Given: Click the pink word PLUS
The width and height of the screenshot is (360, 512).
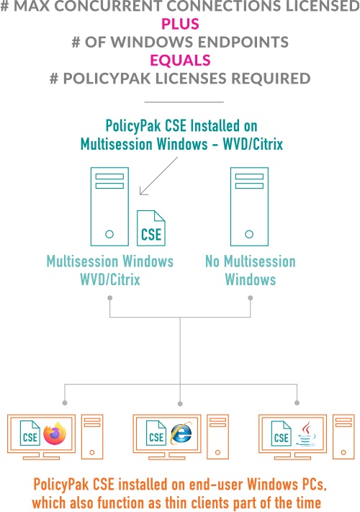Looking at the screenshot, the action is pyautogui.click(x=180, y=24).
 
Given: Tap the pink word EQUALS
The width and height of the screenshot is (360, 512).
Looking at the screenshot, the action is pyautogui.click(x=180, y=60).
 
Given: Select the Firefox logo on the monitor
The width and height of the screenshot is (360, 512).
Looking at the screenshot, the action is pyautogui.click(x=55, y=434).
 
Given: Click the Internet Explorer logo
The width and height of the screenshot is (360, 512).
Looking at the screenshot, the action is pyautogui.click(x=181, y=434).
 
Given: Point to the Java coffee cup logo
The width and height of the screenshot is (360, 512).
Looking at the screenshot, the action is pyautogui.click(x=306, y=434).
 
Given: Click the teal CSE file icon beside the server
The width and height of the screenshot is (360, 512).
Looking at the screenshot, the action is pyautogui.click(x=151, y=228).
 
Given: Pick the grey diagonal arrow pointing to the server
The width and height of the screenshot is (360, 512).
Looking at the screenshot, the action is pyautogui.click(x=158, y=176).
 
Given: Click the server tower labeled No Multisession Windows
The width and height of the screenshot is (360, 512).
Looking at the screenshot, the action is pyautogui.click(x=249, y=207).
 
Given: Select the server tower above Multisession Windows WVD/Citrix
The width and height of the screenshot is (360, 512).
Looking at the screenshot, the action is pyautogui.click(x=109, y=207).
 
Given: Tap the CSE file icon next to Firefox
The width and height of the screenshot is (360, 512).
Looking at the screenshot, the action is pyautogui.click(x=30, y=433).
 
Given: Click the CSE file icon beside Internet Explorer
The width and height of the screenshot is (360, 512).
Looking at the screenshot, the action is pyautogui.click(x=156, y=433).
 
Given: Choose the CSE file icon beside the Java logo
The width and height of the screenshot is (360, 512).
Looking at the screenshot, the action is pyautogui.click(x=282, y=433).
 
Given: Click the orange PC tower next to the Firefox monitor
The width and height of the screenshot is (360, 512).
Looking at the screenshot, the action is pyautogui.click(x=92, y=437).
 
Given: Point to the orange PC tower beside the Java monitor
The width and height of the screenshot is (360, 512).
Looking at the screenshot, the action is pyautogui.click(x=343, y=437).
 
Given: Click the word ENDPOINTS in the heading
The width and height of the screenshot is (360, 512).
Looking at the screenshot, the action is pyautogui.click(x=243, y=42).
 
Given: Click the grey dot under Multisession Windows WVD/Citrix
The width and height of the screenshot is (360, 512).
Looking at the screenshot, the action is pyautogui.click(x=110, y=298).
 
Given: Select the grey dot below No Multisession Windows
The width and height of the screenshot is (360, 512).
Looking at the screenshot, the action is pyautogui.click(x=251, y=298).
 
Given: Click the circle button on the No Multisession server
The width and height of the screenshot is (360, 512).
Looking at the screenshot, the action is pyautogui.click(x=249, y=234).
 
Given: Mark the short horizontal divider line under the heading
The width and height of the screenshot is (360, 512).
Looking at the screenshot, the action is pyautogui.click(x=184, y=102).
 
